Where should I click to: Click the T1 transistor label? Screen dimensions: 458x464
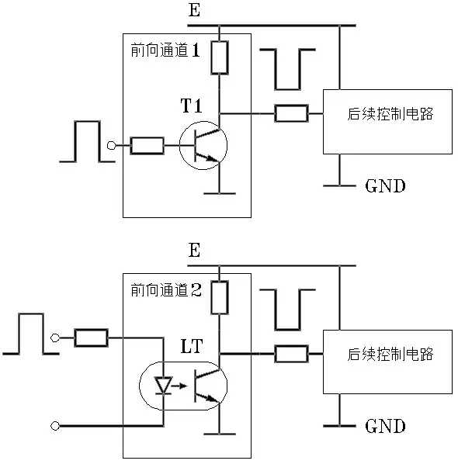(191, 106)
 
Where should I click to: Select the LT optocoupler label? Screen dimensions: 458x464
(192, 346)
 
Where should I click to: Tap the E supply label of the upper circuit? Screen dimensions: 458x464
(194, 10)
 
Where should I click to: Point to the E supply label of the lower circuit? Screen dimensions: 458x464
(194, 250)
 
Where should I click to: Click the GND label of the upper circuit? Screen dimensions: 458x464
(385, 186)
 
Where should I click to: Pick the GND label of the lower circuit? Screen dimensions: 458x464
(385, 426)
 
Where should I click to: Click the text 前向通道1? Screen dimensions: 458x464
(165, 50)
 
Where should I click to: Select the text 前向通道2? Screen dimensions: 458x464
(166, 290)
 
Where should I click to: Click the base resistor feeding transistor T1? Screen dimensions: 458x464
(147, 146)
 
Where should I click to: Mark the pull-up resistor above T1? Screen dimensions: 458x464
(220, 57)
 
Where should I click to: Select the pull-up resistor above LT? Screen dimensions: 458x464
(220, 297)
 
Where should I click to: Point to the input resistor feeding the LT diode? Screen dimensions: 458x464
(91, 338)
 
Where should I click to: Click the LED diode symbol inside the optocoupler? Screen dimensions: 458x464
(164, 386)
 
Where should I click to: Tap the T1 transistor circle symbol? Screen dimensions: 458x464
(179, 146)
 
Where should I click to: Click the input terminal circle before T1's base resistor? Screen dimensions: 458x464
(111, 146)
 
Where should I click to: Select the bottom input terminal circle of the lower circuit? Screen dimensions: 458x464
(55, 426)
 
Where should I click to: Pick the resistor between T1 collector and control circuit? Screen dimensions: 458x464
(291, 113)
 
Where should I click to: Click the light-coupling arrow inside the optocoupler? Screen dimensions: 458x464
(179, 386)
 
